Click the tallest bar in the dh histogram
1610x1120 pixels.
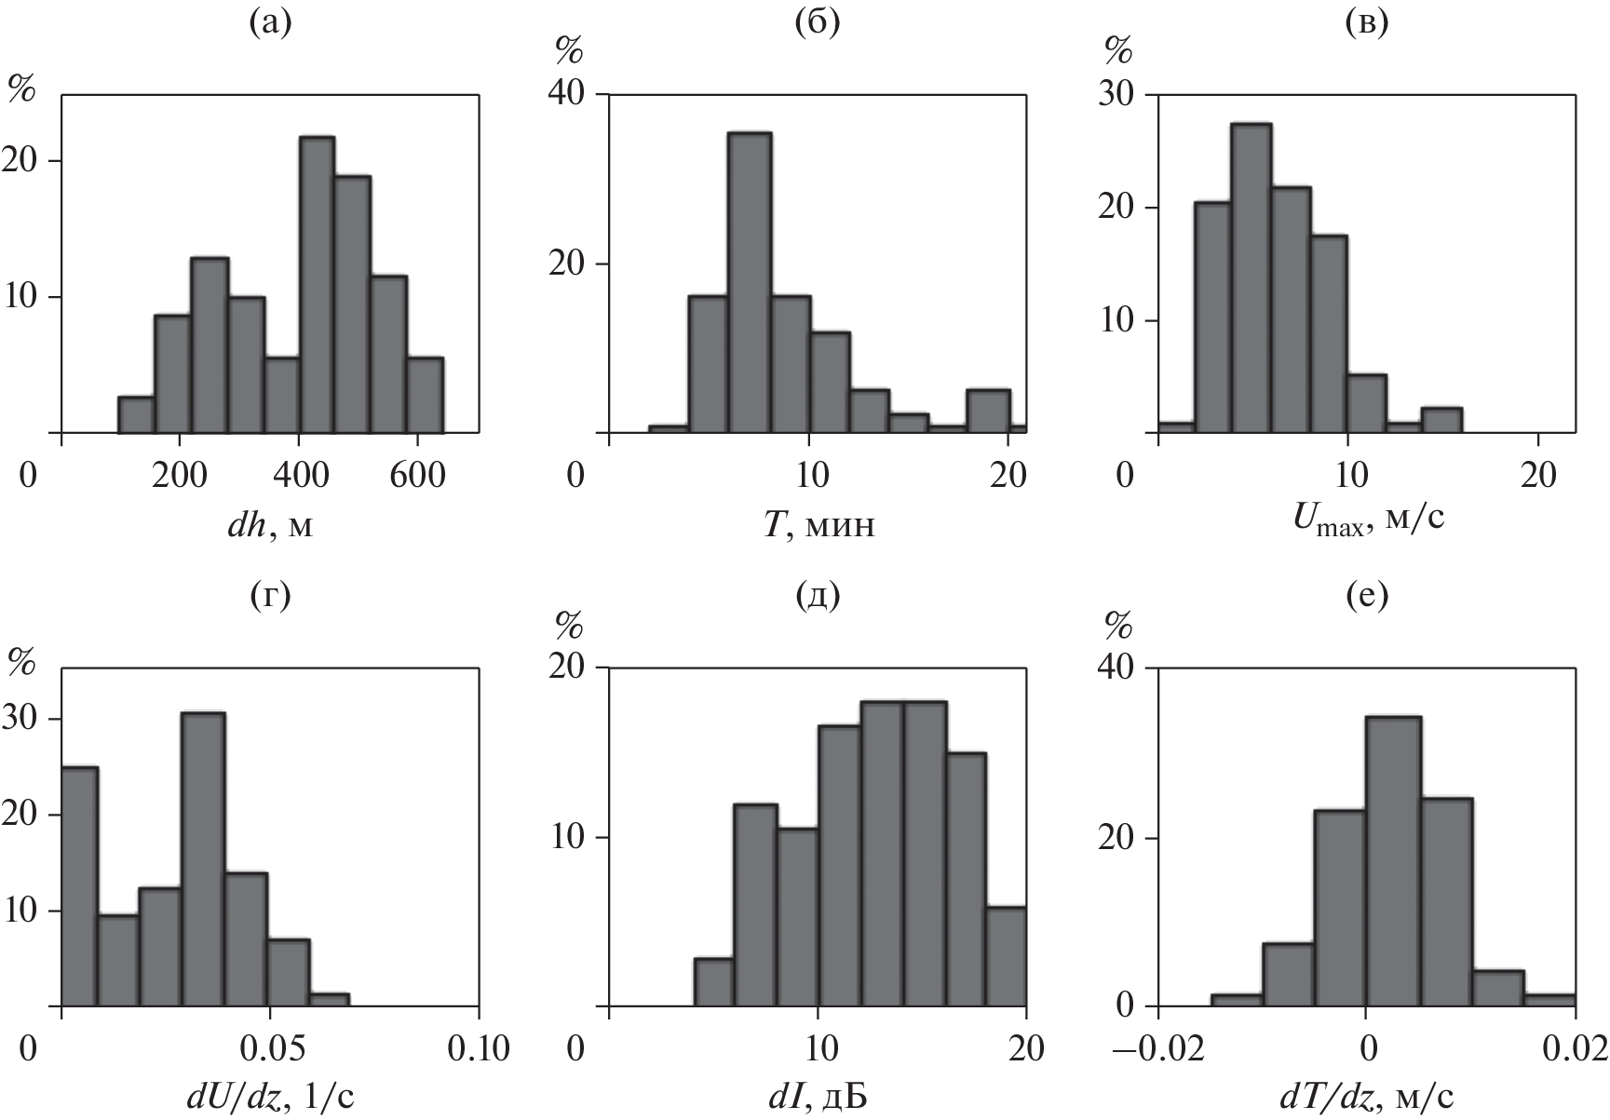point(317,285)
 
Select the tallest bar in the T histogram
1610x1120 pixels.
point(749,283)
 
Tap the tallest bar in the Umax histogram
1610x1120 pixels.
point(1251,278)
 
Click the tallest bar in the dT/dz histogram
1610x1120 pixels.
point(1393,861)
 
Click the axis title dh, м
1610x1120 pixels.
point(270,527)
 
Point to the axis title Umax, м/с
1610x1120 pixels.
point(1368,527)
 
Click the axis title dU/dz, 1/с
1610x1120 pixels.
point(271,1100)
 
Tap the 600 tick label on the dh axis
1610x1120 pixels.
point(416,476)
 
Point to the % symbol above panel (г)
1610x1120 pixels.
point(21,660)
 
